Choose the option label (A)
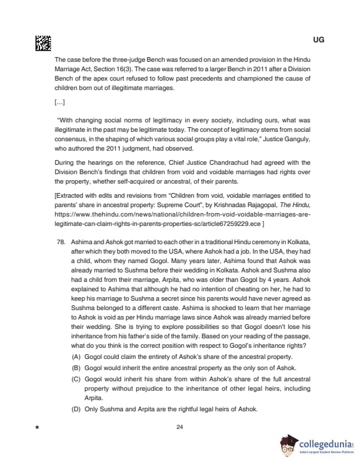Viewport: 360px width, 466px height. [76, 357]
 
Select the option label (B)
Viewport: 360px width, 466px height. [76, 367]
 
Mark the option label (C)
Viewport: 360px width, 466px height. [76, 378]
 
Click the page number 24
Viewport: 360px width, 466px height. [180, 427]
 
